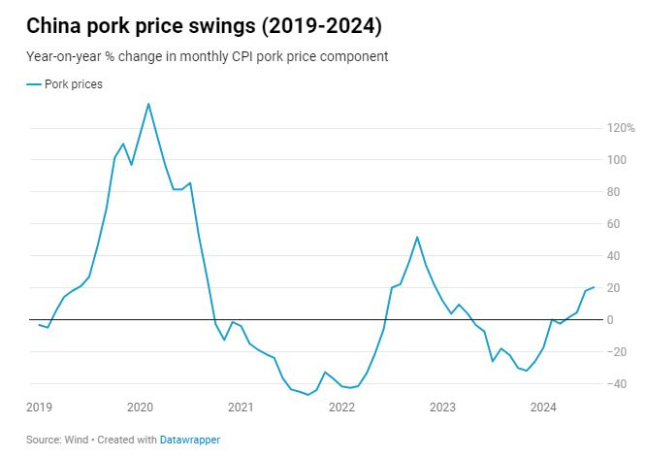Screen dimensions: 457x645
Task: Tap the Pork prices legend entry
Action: click(74, 84)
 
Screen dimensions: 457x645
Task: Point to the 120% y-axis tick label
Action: click(621, 128)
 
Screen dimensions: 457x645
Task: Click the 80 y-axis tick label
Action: click(615, 192)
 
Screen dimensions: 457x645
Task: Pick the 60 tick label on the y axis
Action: click(615, 224)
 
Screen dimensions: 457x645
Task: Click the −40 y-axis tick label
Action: click(615, 384)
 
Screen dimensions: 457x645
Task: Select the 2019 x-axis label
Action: click(39, 407)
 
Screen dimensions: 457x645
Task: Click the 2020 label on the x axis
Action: click(140, 407)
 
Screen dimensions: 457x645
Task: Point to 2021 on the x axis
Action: click(241, 407)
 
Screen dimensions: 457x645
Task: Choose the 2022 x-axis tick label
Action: click(341, 407)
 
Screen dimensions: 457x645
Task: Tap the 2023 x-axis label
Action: click(442, 407)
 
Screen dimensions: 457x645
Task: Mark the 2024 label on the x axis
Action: click(543, 407)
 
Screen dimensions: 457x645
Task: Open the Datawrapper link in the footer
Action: click(190, 440)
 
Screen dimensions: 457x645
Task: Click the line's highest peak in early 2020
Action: click(148, 104)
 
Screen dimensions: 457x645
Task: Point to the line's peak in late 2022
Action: click(417, 237)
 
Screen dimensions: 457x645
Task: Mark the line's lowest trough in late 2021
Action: click(307, 395)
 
